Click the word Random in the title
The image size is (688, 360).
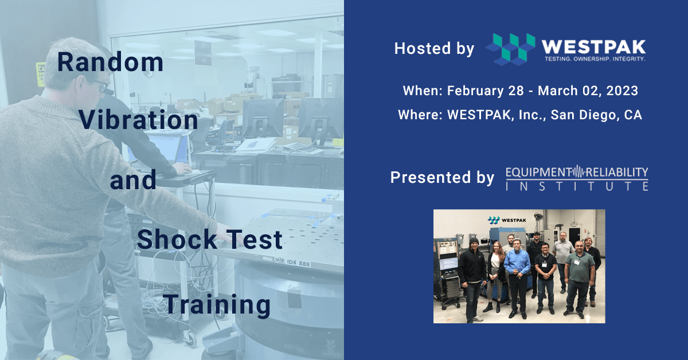pos(110,62)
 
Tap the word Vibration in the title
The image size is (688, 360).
pos(138,120)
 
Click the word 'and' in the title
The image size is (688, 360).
pos(132,180)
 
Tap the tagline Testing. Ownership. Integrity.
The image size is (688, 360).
pos(593,59)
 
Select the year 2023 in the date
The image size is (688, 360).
pos(621,91)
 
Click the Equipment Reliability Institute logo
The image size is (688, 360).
pos(577,178)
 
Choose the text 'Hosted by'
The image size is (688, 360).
pos(434,49)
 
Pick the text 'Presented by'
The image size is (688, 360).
pos(441,178)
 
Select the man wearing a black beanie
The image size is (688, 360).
pos(472,269)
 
